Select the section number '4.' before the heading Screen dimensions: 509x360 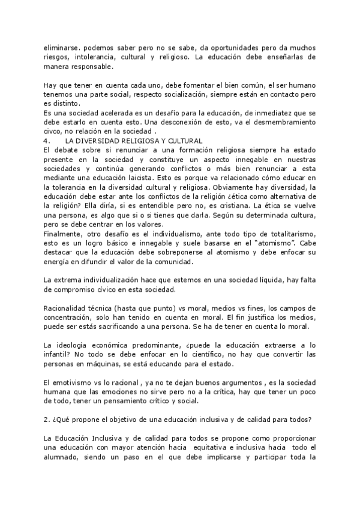click(48, 140)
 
